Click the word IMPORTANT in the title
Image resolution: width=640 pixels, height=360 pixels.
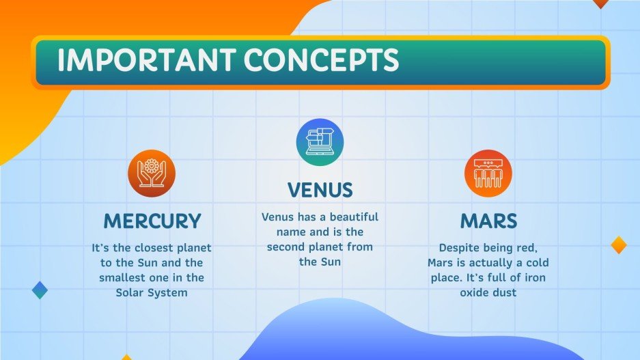[146, 60]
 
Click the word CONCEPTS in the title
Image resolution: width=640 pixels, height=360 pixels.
[321, 60]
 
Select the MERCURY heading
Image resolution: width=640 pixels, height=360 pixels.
[152, 221]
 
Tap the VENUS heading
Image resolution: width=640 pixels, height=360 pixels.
[320, 190]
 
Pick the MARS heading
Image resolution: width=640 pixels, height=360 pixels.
[488, 221]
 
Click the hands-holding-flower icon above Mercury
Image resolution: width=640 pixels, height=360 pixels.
[152, 174]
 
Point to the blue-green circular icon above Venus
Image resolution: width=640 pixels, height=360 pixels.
[320, 142]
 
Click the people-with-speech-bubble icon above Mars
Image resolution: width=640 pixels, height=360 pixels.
[488, 174]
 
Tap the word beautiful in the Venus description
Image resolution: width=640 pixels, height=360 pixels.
[354, 217]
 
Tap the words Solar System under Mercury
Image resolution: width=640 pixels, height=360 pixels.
[152, 292]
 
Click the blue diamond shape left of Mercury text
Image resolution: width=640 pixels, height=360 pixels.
[40, 290]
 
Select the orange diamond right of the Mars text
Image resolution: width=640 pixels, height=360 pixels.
[619, 245]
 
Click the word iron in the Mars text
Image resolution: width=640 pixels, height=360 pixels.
[535, 277]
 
